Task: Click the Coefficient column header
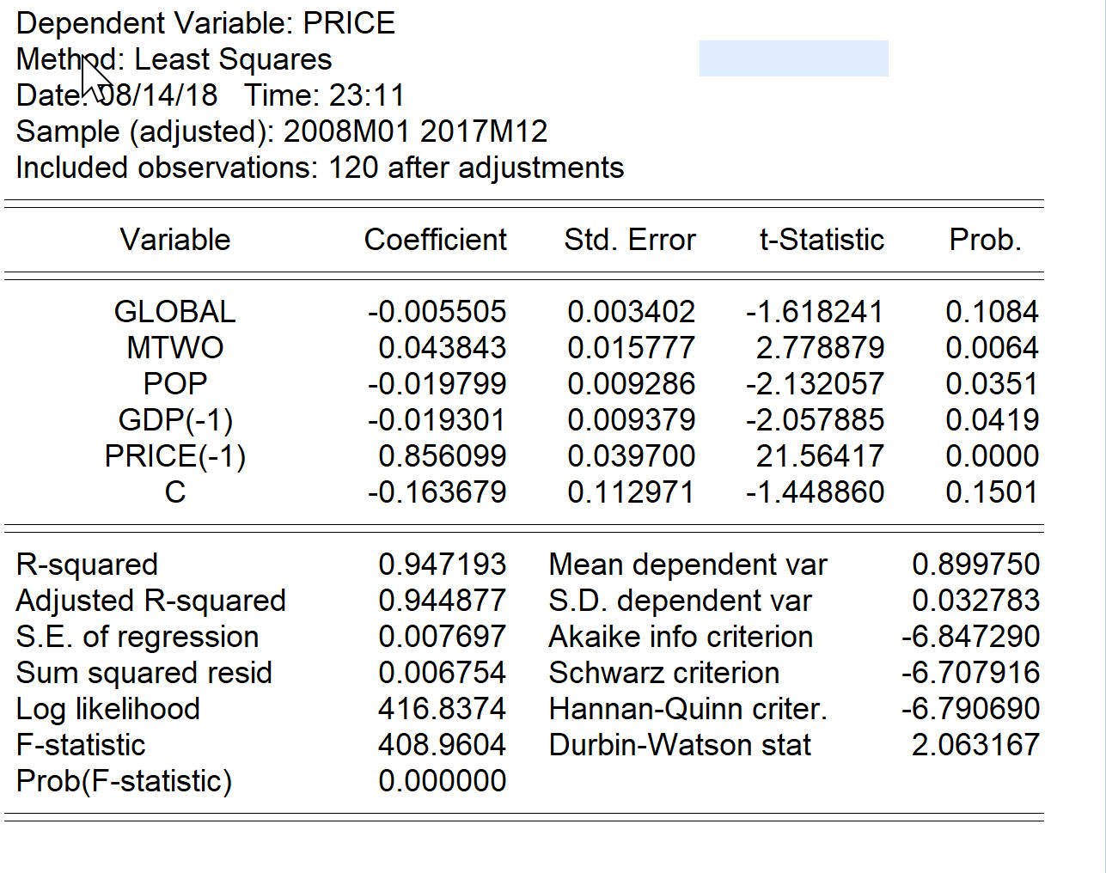(x=436, y=240)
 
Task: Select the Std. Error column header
(x=630, y=240)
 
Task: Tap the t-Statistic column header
(x=822, y=240)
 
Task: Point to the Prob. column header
(x=985, y=240)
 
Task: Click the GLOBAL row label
(x=174, y=311)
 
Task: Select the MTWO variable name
(x=174, y=347)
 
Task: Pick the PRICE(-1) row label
(x=174, y=456)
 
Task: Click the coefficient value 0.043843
(x=442, y=347)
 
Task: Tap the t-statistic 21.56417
(x=820, y=455)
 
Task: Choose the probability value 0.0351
(x=992, y=384)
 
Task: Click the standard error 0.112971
(x=631, y=491)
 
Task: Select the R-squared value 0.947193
(x=442, y=565)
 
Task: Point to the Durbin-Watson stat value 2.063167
(x=975, y=745)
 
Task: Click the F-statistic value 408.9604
(x=442, y=745)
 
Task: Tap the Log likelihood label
(x=108, y=709)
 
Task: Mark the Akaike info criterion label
(x=681, y=637)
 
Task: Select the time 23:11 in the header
(x=367, y=95)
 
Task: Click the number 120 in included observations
(x=353, y=168)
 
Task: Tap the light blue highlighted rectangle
(x=793, y=58)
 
